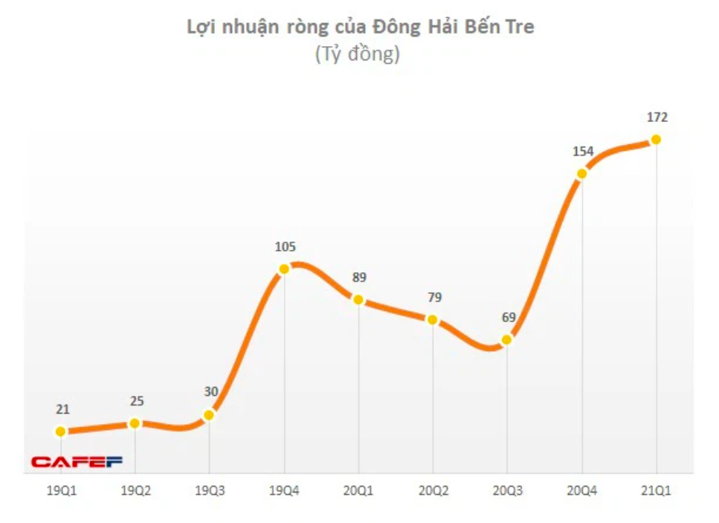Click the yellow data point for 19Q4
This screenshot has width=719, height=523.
click(283, 269)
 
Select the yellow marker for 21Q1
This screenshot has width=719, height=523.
click(656, 139)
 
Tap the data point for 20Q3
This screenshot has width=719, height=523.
click(506, 340)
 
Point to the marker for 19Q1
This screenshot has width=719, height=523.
click(60, 431)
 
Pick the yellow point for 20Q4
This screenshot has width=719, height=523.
click(581, 174)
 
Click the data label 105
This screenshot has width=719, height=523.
click(285, 247)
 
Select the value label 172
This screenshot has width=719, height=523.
click(657, 118)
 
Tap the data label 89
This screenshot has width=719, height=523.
click(359, 277)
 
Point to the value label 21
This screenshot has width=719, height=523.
click(62, 409)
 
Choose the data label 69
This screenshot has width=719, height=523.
click(508, 318)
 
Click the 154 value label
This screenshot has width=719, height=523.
click(583, 152)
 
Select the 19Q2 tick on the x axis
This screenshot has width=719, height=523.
click(135, 490)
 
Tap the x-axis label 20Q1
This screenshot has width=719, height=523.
click(358, 490)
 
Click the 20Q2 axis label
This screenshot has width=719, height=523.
click(433, 490)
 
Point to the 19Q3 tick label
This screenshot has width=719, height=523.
click(209, 490)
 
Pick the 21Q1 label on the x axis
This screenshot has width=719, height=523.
click(656, 490)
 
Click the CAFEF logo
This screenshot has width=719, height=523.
click(77, 462)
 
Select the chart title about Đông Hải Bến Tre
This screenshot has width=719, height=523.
click(360, 28)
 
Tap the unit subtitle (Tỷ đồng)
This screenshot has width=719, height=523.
click(358, 55)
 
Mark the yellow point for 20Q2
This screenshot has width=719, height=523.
click(432, 320)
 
